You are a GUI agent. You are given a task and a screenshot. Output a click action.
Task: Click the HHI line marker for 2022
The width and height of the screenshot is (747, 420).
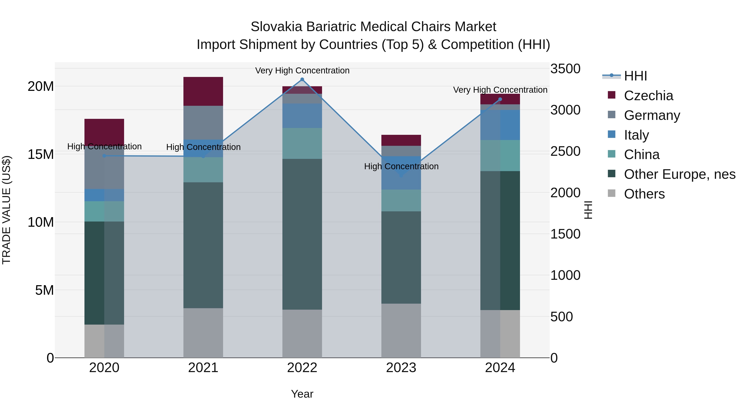pyautogui.click(x=302, y=79)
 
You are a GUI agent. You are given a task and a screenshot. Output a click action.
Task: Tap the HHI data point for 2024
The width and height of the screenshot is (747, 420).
pyautogui.click(x=500, y=99)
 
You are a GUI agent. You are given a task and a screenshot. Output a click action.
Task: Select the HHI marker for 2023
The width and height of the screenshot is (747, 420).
pyautogui.click(x=401, y=175)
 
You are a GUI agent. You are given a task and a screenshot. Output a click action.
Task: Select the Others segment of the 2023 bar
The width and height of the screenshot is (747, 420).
pyautogui.click(x=401, y=330)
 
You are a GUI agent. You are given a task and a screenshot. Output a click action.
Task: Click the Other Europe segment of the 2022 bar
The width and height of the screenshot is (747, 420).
pyautogui.click(x=302, y=234)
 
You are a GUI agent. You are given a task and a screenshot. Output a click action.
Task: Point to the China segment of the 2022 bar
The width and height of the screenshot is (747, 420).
pyautogui.click(x=302, y=143)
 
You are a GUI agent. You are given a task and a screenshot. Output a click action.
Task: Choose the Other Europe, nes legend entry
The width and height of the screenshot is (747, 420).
pyautogui.click(x=679, y=174)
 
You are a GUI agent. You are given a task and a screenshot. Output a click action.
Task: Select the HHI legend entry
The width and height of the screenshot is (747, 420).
pyautogui.click(x=635, y=76)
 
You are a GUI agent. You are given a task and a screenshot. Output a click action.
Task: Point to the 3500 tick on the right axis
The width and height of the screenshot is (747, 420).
pyautogui.click(x=565, y=69)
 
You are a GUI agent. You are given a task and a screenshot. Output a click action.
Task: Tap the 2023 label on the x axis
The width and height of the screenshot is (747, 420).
pyautogui.click(x=401, y=368)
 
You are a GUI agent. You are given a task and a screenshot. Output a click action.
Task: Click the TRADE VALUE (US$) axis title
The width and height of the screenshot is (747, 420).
pyautogui.click(x=6, y=210)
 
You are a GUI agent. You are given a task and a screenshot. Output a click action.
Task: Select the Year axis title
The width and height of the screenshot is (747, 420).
pyautogui.click(x=302, y=394)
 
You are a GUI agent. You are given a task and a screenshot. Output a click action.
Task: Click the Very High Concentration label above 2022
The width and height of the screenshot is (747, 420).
pyautogui.click(x=302, y=71)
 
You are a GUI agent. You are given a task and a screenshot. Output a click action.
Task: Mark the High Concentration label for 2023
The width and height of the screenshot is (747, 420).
pyautogui.click(x=401, y=166)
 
